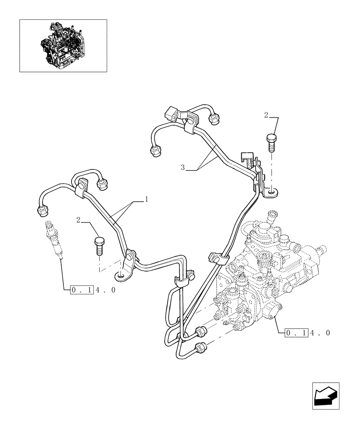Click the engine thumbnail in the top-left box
(x=63, y=45)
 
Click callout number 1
(x=147, y=199)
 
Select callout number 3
(x=183, y=168)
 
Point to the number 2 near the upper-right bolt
(x=266, y=115)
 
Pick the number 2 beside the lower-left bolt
(x=78, y=220)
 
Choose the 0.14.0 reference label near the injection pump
(x=308, y=332)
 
